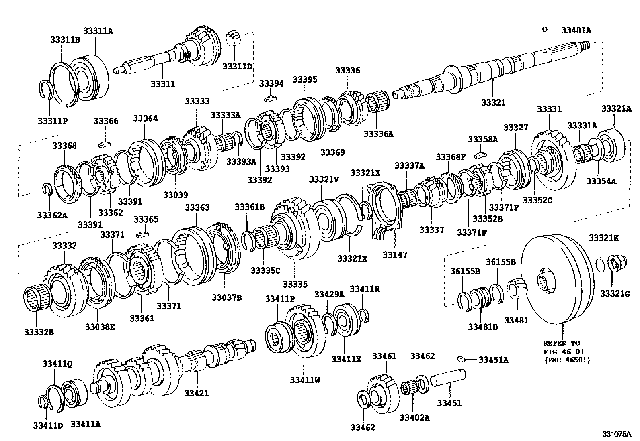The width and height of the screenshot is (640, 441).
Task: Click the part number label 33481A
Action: click(576, 30)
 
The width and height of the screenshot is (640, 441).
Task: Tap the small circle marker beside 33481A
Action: click(544, 29)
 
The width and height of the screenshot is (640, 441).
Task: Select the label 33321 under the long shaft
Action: click(493, 102)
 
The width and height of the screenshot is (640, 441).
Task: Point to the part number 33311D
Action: click(237, 66)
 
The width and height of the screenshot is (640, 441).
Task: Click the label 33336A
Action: click(378, 134)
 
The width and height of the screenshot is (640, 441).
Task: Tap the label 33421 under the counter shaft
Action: click(197, 393)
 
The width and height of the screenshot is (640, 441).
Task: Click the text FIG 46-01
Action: click(562, 352)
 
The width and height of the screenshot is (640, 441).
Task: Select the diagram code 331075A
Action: click(617, 434)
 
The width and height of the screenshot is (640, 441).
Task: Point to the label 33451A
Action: click(493, 360)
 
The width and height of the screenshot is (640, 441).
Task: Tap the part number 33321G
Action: click(615, 294)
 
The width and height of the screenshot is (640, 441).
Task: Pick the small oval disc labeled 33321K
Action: click(600, 265)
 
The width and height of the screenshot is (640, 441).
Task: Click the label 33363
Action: click(197, 207)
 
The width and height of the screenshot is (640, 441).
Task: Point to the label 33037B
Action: click(227, 297)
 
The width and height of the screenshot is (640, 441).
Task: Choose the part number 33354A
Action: click(601, 181)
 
